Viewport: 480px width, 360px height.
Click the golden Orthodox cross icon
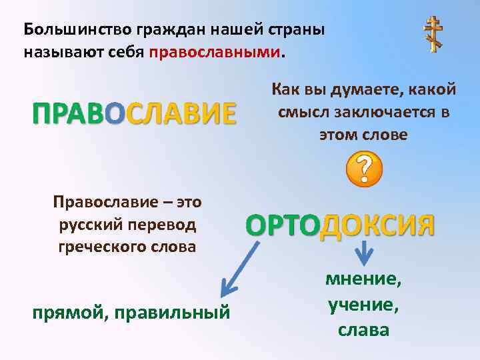pos(434,35)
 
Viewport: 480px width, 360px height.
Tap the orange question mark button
pos(365,168)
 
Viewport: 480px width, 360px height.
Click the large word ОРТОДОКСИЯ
pos(341,226)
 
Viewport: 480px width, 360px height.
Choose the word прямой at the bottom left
pos(70,312)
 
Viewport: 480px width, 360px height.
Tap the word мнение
pos(364,280)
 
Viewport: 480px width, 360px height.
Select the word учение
pos(364,305)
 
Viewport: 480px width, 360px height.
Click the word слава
pos(364,329)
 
